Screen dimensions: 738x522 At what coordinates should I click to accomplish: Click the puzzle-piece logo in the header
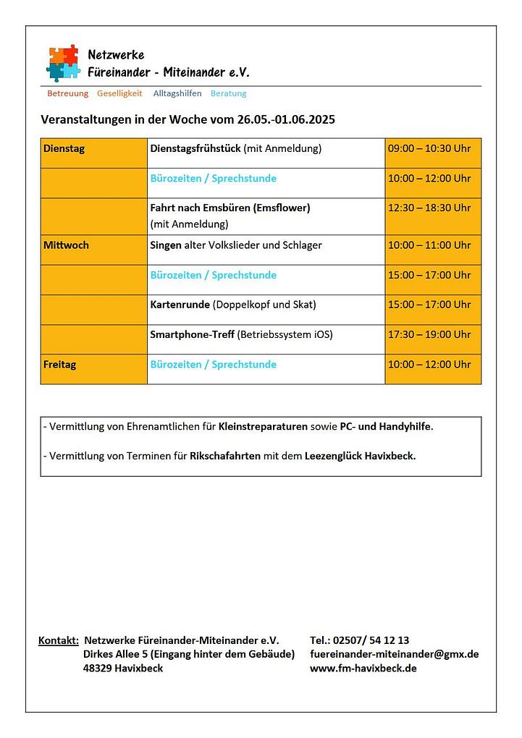[63, 62]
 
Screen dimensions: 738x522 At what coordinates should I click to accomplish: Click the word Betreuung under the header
[67, 93]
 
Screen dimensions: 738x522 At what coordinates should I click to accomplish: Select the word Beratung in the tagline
[228, 93]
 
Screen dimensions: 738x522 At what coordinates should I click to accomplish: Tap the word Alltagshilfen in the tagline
[177, 93]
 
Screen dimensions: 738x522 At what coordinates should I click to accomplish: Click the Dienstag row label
[64, 148]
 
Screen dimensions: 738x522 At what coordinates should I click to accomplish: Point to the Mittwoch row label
[66, 245]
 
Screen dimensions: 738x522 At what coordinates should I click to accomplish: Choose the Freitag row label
[59, 365]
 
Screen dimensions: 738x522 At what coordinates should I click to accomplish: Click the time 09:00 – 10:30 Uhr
[429, 148]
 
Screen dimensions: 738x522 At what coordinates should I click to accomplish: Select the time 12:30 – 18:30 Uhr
[429, 208]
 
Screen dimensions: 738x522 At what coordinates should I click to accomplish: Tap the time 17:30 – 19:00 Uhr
[429, 334]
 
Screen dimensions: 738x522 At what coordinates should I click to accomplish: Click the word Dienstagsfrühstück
[195, 148]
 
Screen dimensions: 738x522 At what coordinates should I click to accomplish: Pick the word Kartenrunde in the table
[180, 305]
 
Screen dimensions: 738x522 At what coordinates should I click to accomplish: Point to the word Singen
[166, 245]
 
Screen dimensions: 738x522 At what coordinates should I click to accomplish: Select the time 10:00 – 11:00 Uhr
[429, 245]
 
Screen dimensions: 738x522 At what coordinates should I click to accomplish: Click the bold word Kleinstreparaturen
[263, 427]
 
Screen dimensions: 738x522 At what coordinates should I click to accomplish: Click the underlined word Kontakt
[58, 640]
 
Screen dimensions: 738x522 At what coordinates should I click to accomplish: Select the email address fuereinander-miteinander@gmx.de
[394, 654]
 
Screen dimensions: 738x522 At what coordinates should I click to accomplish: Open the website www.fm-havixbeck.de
[363, 668]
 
